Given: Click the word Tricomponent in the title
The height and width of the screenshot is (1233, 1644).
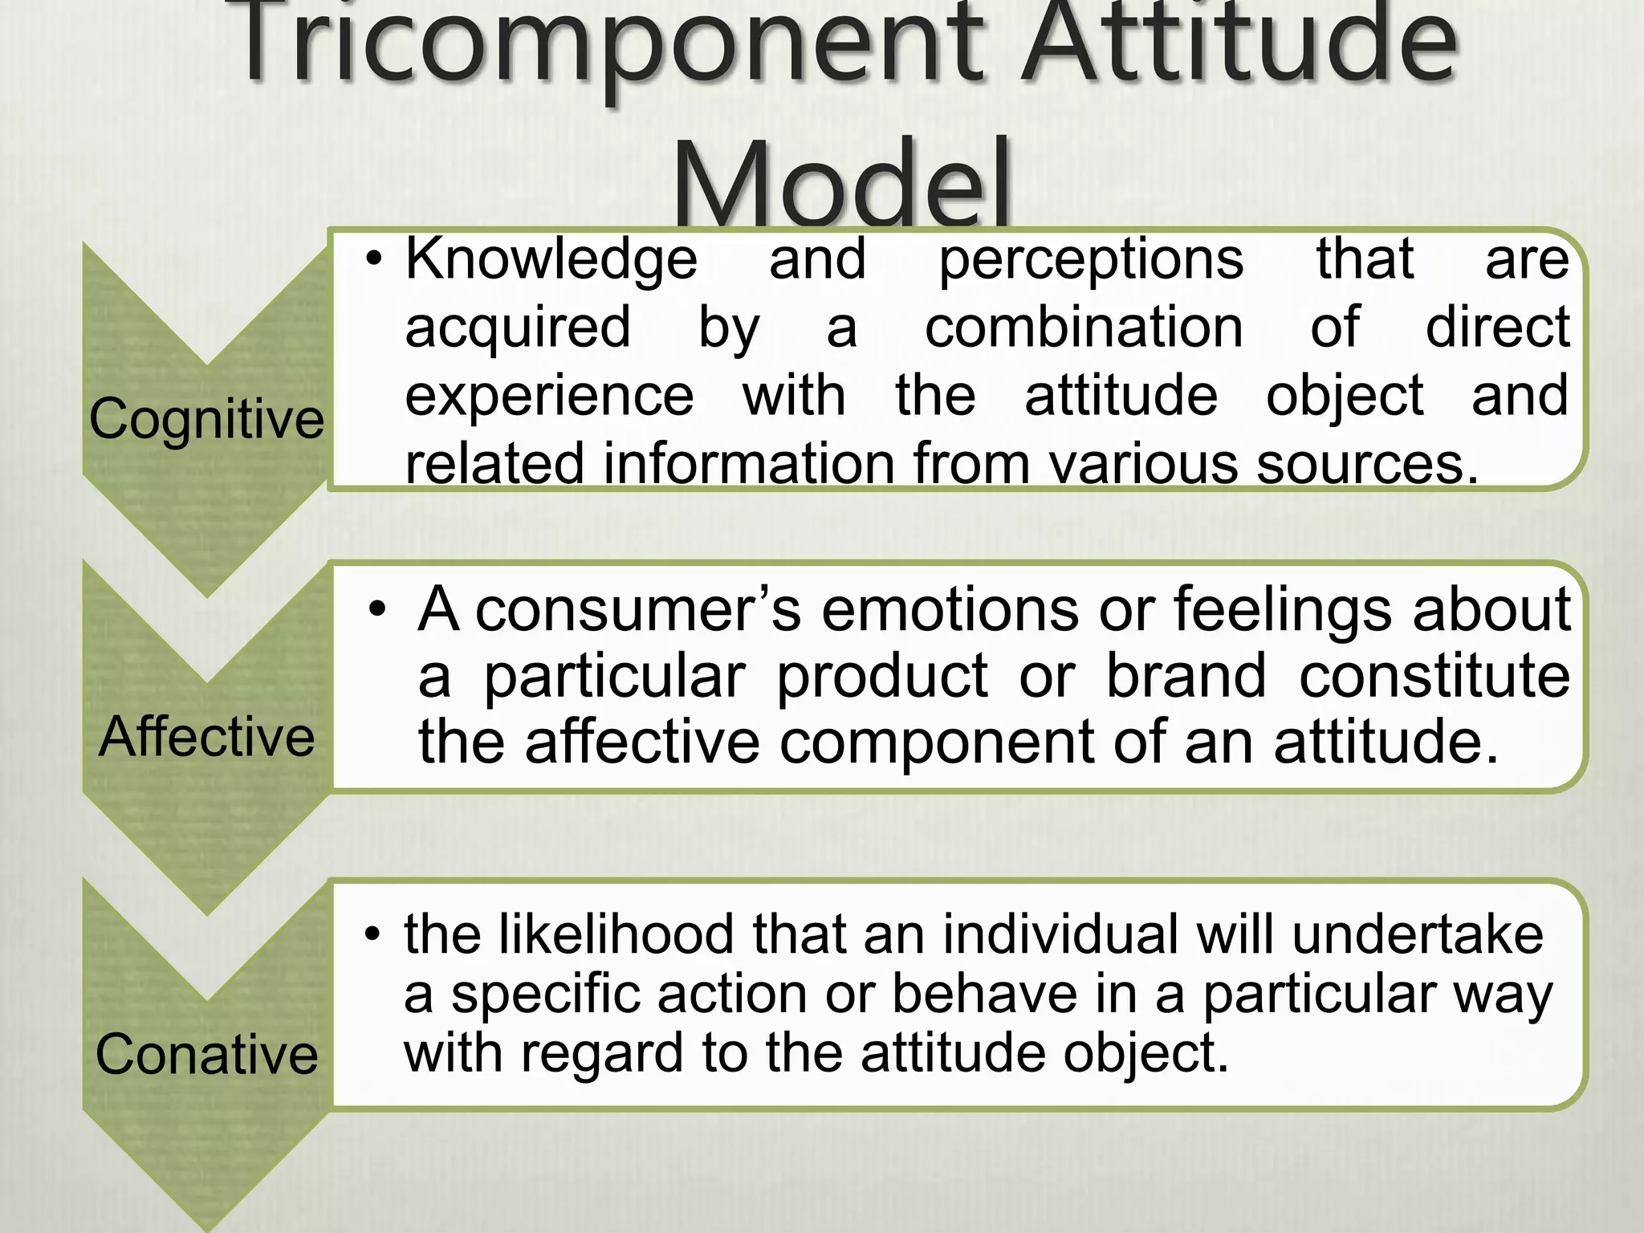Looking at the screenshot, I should tap(610, 44).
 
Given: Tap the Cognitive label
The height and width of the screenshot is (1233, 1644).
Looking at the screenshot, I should tap(206, 419).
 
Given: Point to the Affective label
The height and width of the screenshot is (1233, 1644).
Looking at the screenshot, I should tap(206, 736).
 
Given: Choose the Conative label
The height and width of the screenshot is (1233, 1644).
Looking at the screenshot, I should tap(206, 1054).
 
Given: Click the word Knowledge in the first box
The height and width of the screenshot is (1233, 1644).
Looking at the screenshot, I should tap(551, 259).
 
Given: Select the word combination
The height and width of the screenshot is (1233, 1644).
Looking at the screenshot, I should tap(1084, 328).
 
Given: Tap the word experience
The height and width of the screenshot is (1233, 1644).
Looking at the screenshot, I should tap(549, 397).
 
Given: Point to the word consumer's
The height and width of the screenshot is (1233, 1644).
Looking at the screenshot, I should tap(638, 608).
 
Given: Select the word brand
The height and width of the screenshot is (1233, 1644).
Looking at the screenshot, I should tap(1186, 675).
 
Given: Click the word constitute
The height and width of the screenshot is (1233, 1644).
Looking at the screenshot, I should tap(1434, 675).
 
